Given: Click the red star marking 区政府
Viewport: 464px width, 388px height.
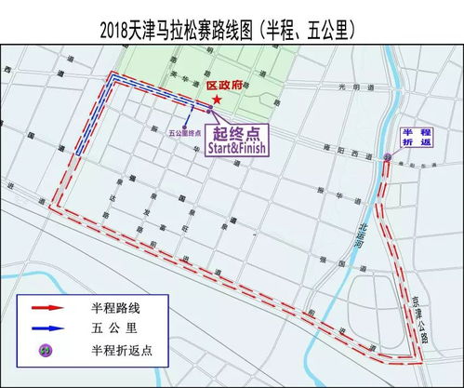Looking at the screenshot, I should point(217,99).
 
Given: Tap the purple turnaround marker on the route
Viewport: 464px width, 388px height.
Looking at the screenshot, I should point(387,157).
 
